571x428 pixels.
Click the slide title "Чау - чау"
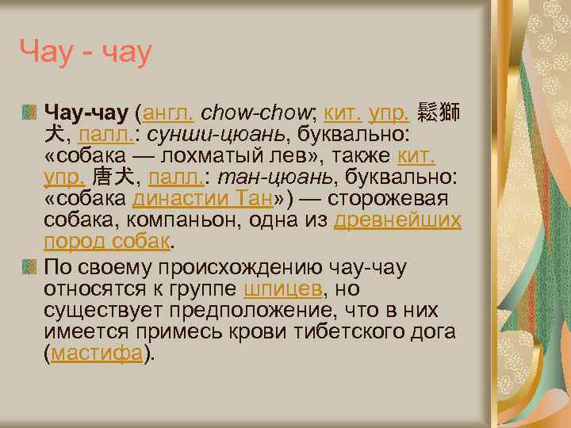coord(85,54)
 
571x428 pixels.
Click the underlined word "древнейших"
coord(397,220)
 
